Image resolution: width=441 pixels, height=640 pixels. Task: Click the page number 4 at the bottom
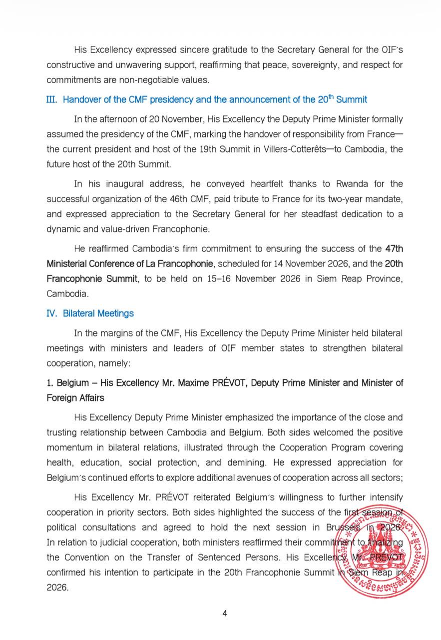(x=225, y=613)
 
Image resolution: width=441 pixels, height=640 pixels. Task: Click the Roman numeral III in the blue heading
(x=52, y=99)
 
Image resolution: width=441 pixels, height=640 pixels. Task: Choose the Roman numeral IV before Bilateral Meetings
(x=52, y=313)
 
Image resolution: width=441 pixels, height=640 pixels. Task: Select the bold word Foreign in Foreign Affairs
(x=62, y=398)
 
